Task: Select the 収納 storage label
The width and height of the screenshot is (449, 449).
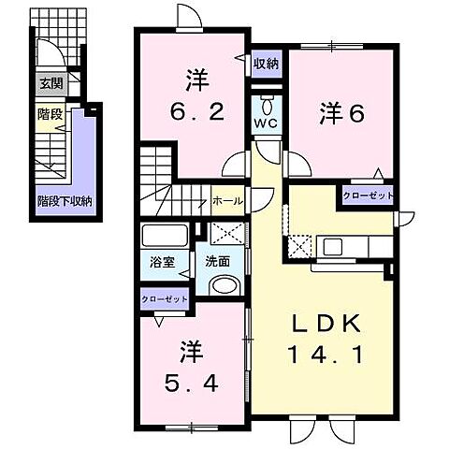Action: (266, 64)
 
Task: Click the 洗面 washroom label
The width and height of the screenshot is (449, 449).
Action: (218, 261)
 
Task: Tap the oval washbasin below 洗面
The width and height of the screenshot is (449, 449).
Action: (223, 286)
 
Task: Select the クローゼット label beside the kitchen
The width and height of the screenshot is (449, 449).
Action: (368, 196)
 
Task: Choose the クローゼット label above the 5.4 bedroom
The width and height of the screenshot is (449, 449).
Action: (165, 299)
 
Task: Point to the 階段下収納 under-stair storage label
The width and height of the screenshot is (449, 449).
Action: (70, 200)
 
